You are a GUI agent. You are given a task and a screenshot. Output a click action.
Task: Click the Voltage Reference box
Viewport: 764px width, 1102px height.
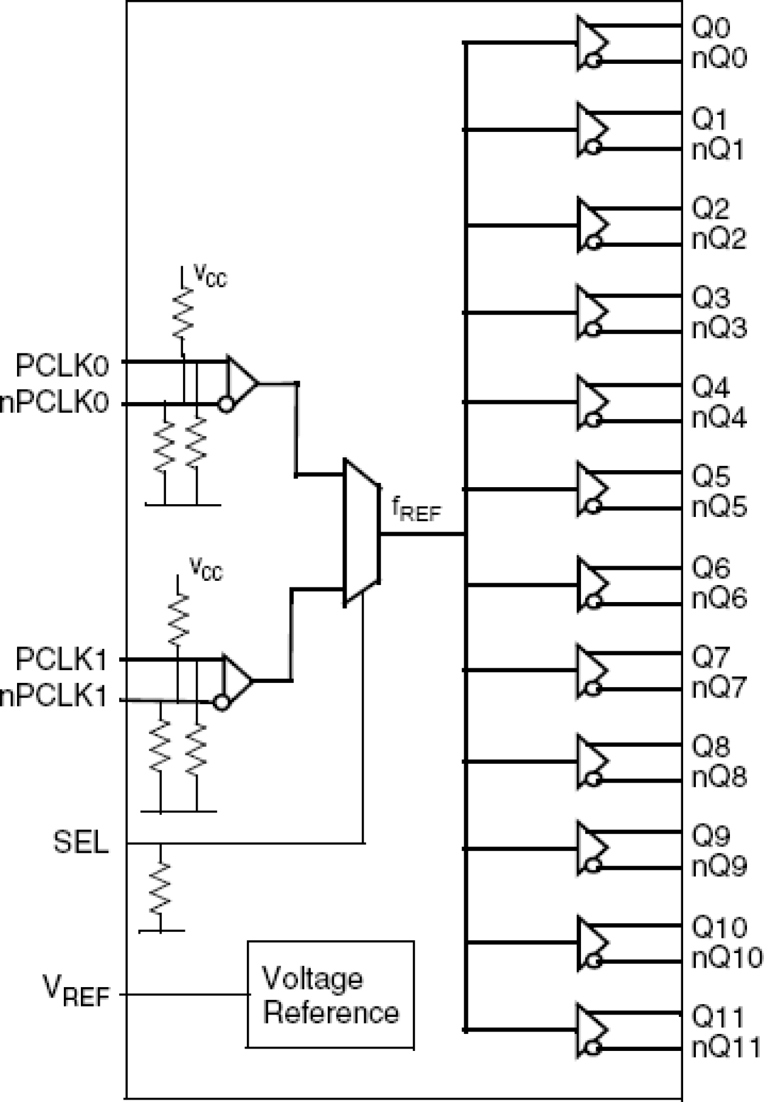[330, 995]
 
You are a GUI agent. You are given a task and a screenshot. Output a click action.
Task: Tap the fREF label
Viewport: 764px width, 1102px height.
[416, 510]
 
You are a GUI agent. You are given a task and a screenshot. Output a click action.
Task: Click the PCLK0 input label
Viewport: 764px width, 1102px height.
[62, 367]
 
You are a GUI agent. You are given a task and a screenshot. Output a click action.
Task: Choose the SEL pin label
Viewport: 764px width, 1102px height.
[81, 843]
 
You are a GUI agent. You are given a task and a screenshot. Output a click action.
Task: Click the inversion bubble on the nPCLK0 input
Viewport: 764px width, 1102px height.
[226, 404]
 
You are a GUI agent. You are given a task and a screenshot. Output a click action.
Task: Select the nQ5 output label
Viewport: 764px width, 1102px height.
[719, 507]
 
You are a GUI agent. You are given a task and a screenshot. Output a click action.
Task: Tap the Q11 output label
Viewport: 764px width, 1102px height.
[718, 1017]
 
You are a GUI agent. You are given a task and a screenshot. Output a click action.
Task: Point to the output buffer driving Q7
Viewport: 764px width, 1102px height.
[591, 670]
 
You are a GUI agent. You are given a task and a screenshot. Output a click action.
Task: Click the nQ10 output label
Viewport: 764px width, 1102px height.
[726, 958]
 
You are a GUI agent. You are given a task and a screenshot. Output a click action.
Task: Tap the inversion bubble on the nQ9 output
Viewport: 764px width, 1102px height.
[594, 865]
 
